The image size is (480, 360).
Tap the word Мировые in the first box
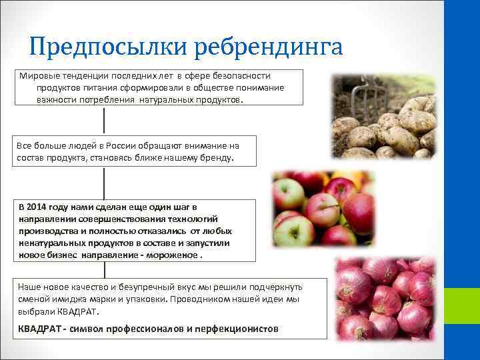point(39,76)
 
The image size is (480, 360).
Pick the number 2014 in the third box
point(42,207)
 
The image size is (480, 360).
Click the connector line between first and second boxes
point(104,120)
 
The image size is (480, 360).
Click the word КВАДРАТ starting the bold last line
point(39,329)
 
